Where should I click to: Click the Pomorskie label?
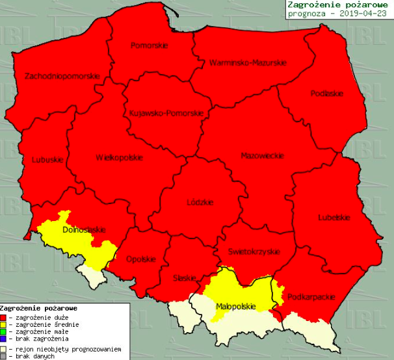149,45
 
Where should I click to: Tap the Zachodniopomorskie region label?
62,76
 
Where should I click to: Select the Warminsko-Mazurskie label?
248,63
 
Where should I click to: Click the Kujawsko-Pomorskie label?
167,113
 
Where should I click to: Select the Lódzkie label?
200,202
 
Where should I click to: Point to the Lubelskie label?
334,217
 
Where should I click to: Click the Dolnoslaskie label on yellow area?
83,229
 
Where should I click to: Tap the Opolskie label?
140,259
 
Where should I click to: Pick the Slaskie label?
185,278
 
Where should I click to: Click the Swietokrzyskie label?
254,251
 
